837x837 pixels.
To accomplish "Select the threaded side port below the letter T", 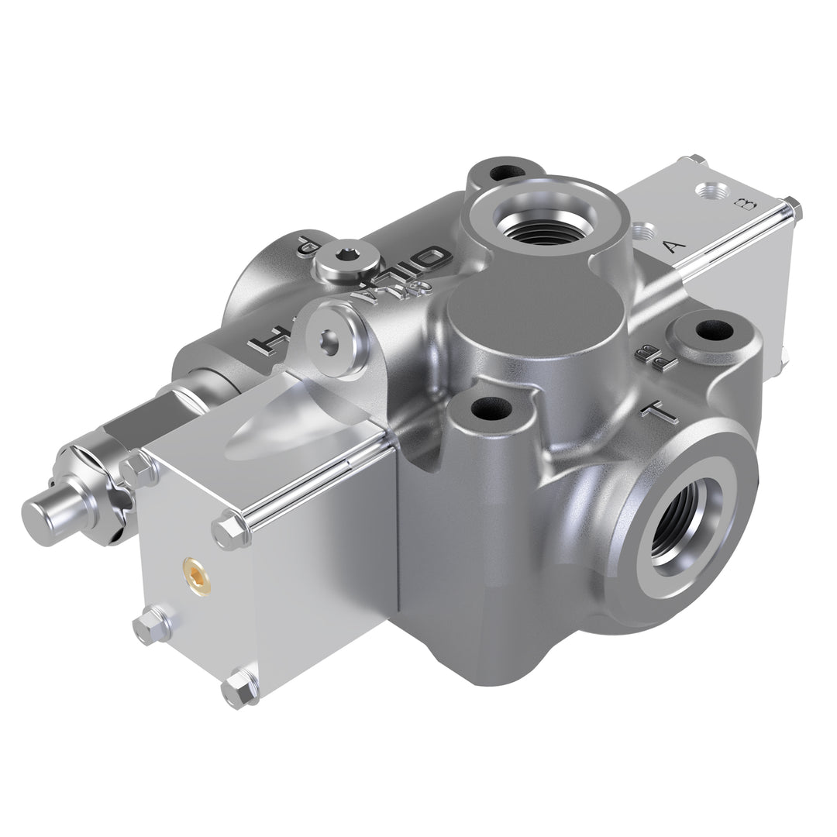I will pos(683,528).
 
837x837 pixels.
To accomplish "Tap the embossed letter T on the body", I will pos(663,410).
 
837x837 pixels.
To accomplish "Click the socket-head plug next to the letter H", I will pos(331,341).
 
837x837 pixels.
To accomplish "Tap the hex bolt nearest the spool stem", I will pos(138,468).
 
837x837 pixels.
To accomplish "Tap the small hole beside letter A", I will pos(644,231).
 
